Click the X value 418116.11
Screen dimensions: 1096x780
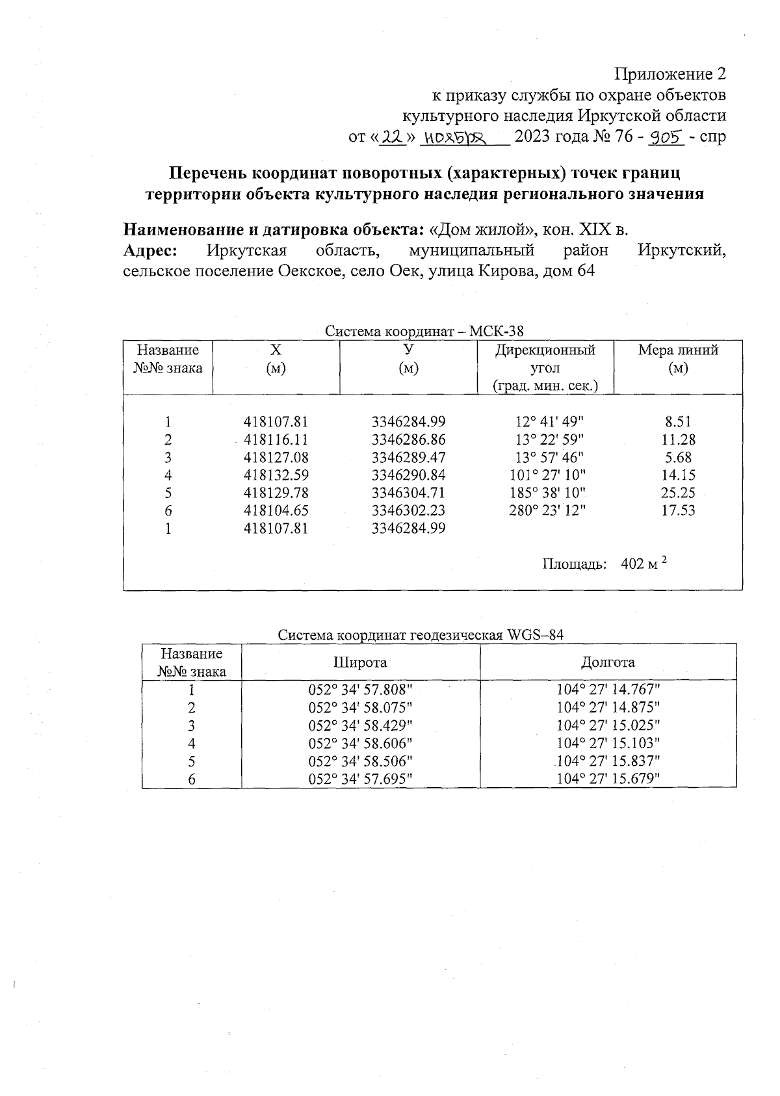click(x=276, y=439)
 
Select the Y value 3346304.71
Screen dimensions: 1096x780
click(x=408, y=493)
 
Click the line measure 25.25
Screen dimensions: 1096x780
click(x=678, y=493)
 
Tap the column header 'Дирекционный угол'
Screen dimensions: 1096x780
click(x=545, y=359)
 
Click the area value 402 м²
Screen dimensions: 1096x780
click(x=644, y=564)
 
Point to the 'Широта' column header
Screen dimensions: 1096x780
click(x=360, y=662)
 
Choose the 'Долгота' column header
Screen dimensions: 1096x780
click(x=608, y=662)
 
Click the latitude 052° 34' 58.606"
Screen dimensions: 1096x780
click(x=360, y=743)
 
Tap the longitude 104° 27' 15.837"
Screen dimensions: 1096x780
click(x=608, y=761)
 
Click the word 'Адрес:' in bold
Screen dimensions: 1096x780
click(x=151, y=250)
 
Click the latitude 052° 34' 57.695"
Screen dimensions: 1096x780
click(x=360, y=779)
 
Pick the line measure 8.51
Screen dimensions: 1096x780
click(x=678, y=421)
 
